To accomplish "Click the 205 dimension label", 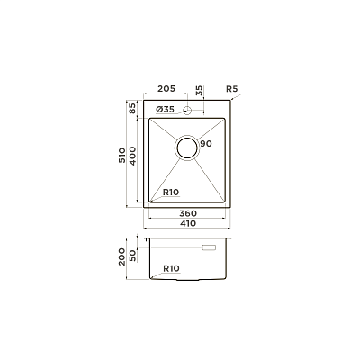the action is coord(166,89).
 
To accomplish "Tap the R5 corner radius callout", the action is coord(231,89).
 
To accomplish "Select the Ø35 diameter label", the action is coord(165,110).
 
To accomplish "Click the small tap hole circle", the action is coord(187,111).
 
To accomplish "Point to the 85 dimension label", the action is coord(132,108).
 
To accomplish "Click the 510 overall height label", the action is coord(122,156).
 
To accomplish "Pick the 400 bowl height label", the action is coord(132,156).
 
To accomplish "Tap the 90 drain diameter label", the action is coord(206,144).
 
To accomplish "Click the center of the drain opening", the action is coord(187,148).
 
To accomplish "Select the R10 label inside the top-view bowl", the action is coord(171,193).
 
